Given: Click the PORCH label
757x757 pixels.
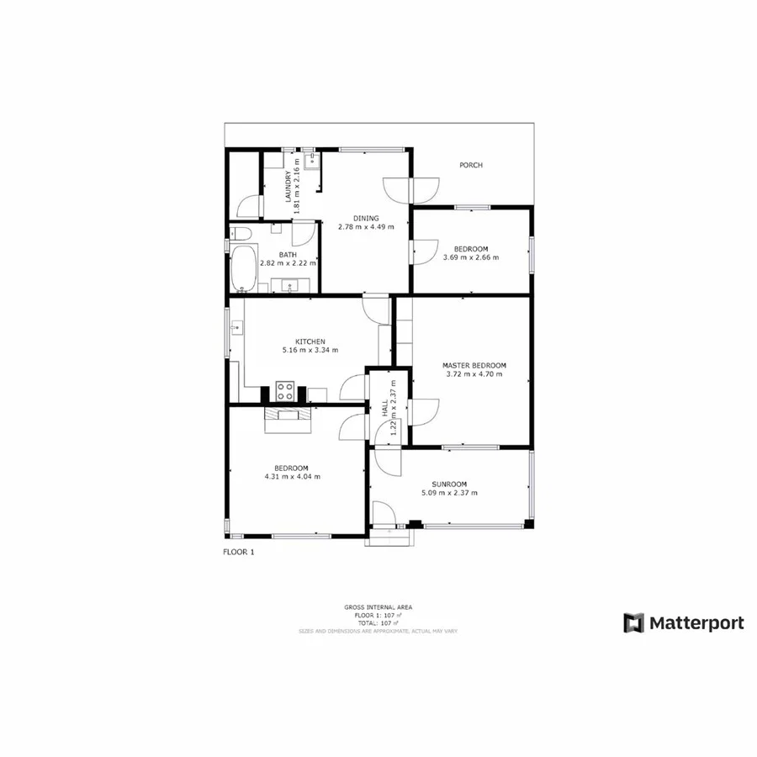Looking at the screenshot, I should [x=471, y=166].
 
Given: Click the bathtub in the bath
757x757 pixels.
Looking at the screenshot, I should [x=244, y=267].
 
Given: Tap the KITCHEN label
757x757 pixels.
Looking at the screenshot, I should [x=310, y=341].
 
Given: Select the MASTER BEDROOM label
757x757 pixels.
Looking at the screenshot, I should [x=474, y=365].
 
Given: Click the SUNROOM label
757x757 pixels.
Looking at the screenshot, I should [x=449, y=484].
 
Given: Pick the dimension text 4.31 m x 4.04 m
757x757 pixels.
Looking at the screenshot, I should [x=291, y=477].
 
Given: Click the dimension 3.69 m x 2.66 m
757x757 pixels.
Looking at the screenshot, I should [x=471, y=257].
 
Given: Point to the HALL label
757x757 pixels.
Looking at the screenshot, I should [x=385, y=409].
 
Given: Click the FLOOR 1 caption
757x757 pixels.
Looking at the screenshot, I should [x=238, y=553].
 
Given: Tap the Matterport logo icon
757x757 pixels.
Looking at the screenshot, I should [x=633, y=623].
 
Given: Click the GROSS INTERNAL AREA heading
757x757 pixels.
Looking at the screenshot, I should [x=378, y=606].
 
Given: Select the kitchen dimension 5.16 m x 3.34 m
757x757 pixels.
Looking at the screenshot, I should [x=310, y=350].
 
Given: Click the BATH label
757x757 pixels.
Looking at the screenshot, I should [x=289, y=255].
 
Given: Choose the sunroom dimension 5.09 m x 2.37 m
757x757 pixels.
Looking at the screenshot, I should [x=449, y=493].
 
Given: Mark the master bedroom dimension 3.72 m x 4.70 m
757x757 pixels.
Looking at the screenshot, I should [x=474, y=374].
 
